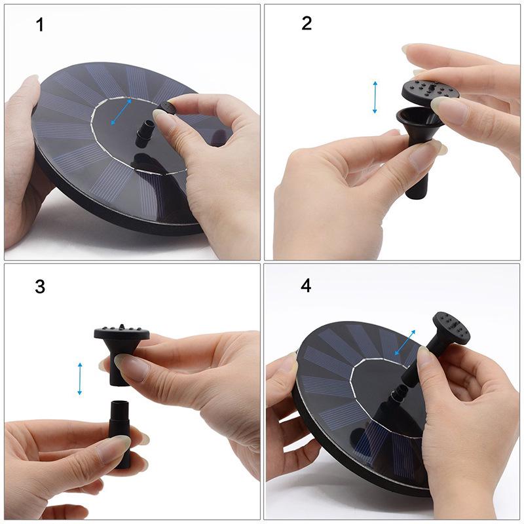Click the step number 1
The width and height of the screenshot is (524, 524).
click(41, 26)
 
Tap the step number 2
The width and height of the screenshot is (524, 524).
click(307, 24)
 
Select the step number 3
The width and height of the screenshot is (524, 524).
click(41, 286)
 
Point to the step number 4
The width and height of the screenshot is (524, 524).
click(306, 286)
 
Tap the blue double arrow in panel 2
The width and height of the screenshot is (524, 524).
click(375, 97)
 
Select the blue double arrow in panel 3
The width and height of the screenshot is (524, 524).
click(80, 379)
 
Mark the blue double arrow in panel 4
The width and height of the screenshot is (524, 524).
click(405, 343)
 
